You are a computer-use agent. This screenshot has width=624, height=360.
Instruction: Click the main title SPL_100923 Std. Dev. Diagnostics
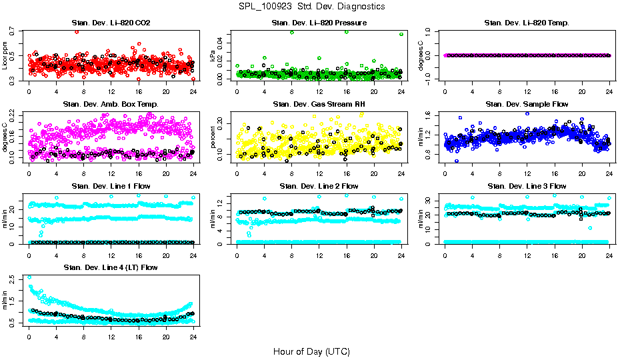(311, 7)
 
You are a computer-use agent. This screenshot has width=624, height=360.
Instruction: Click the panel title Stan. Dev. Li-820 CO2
(111, 23)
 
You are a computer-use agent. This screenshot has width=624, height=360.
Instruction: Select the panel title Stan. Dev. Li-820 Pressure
(319, 23)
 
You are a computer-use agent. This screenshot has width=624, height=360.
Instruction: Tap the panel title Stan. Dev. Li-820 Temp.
(527, 23)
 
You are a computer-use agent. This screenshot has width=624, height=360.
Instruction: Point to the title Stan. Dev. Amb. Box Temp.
(111, 104)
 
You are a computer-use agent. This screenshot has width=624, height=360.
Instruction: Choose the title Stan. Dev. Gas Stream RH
(319, 104)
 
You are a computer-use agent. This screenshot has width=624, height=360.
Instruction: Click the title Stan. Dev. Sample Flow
(527, 104)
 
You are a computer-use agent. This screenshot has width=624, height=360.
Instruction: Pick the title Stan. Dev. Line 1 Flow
(111, 186)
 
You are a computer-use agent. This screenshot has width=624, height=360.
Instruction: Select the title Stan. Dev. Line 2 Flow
(319, 186)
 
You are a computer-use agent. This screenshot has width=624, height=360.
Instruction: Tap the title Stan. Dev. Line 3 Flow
(527, 186)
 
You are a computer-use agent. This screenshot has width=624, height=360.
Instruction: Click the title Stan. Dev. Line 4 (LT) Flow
(111, 267)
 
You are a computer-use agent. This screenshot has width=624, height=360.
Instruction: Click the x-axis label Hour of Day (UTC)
(311, 351)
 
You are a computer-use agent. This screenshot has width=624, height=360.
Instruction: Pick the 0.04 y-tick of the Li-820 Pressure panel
(223, 42)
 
